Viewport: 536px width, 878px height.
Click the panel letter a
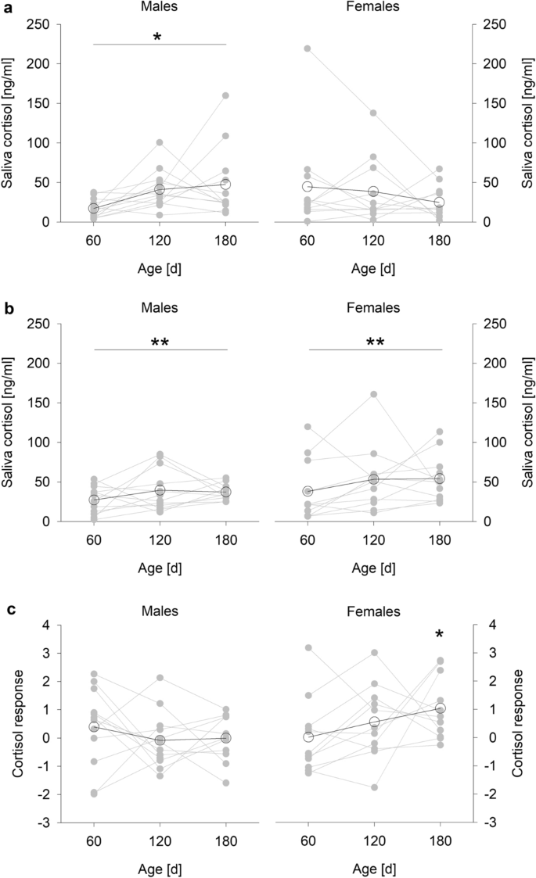point(6,7)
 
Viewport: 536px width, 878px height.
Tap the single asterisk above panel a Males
point(157,37)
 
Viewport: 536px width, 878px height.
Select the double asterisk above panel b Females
point(374,342)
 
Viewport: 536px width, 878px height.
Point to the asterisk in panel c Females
point(441,635)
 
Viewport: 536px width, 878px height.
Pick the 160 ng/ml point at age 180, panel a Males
point(225,96)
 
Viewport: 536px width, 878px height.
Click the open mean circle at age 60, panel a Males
point(94,209)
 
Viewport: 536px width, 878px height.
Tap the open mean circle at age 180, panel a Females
point(440,202)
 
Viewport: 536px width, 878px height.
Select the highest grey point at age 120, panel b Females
point(374,394)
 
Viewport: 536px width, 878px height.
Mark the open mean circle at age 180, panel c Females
point(440,708)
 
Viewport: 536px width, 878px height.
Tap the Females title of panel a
point(374,8)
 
